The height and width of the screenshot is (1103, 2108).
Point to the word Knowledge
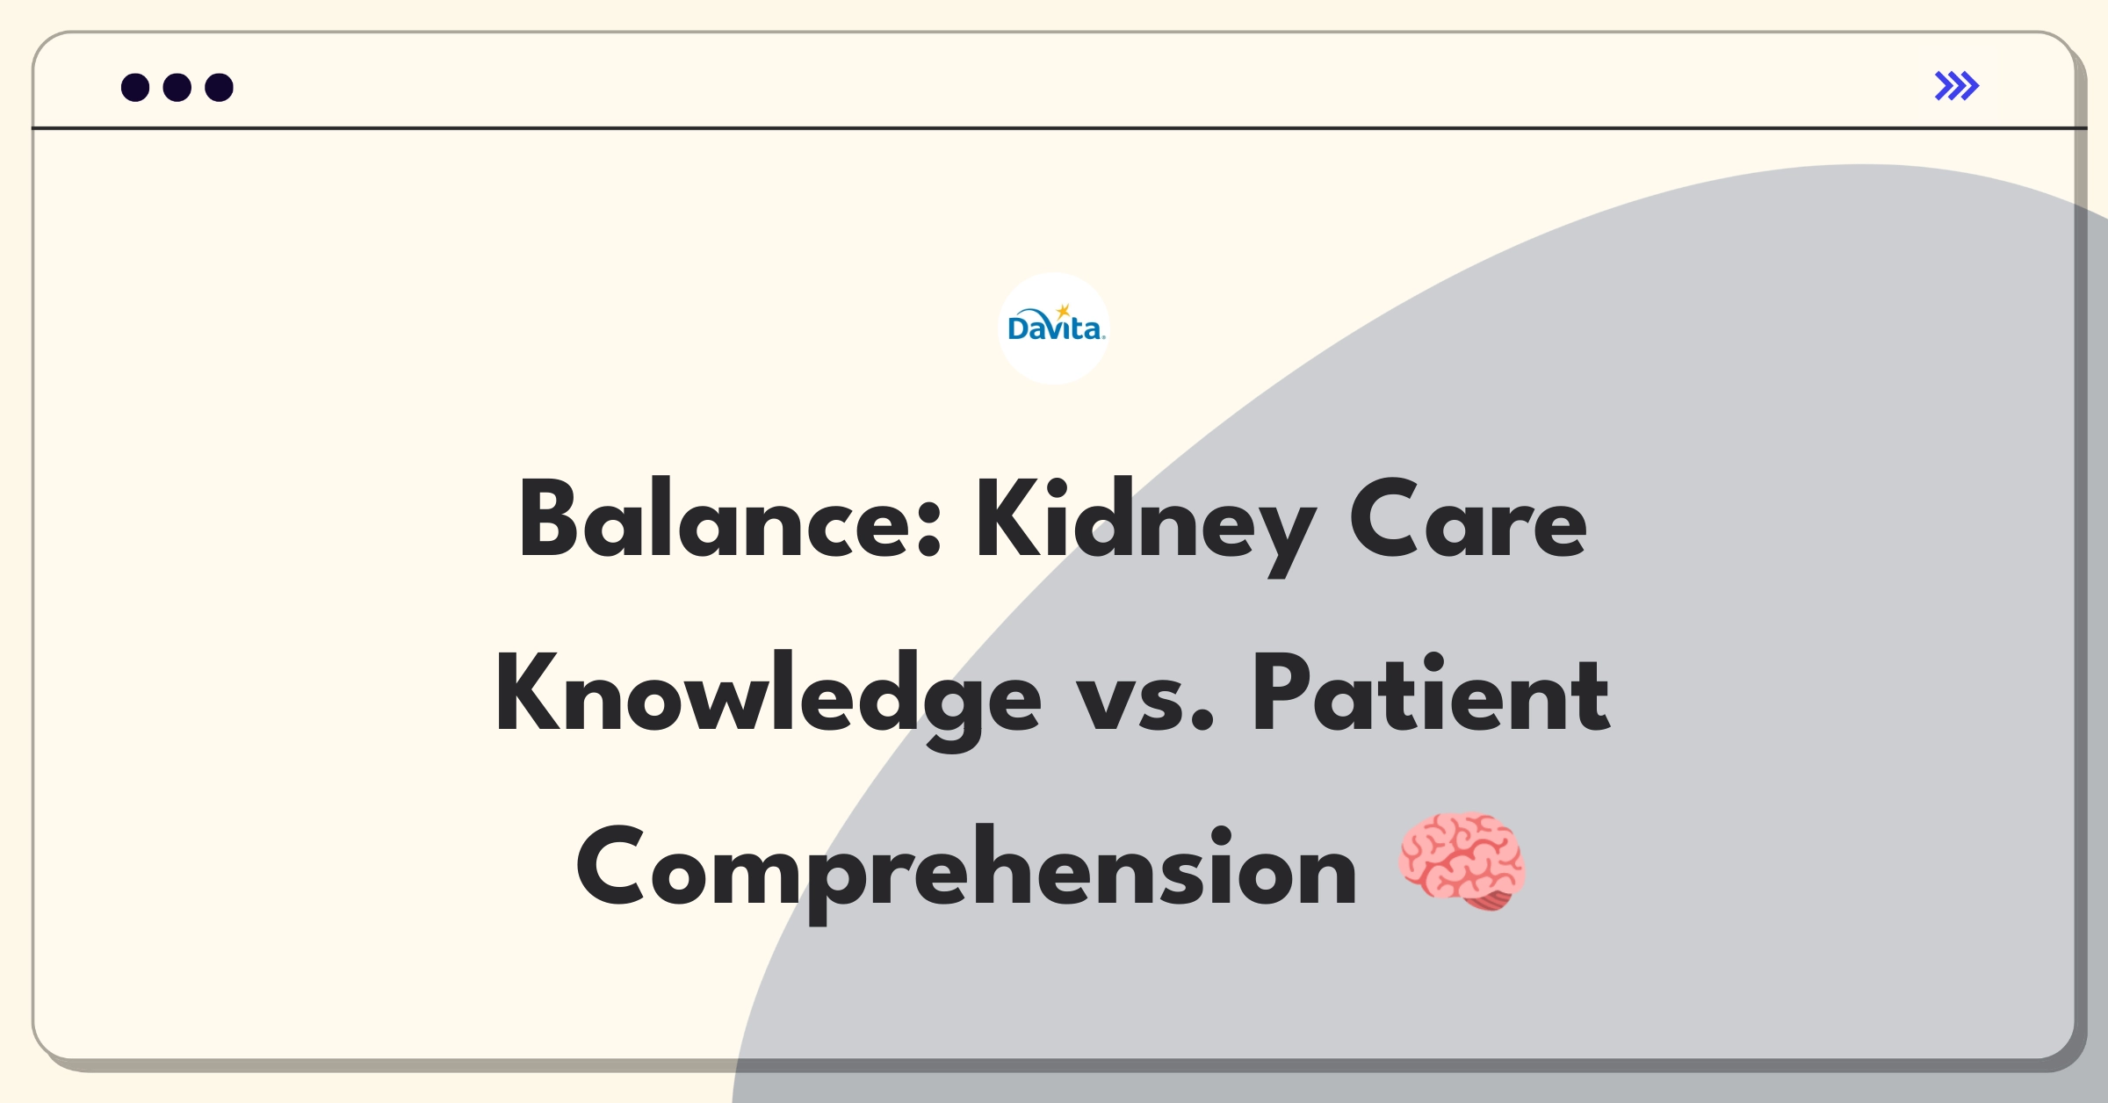pyautogui.click(x=769, y=700)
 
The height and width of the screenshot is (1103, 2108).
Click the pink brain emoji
pyautogui.click(x=1462, y=861)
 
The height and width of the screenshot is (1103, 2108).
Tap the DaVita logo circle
pyautogui.click(x=1054, y=328)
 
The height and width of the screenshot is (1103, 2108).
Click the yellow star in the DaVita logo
pyautogui.click(x=1064, y=311)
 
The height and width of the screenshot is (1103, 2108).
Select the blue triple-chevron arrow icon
pyautogui.click(x=1957, y=86)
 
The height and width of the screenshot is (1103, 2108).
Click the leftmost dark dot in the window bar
pyautogui.click(x=135, y=87)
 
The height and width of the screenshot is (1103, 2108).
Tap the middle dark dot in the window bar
pyautogui.click(x=177, y=87)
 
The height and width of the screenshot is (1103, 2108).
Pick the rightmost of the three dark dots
pyautogui.click(x=220, y=87)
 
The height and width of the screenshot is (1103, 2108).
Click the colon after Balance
pyautogui.click(x=929, y=530)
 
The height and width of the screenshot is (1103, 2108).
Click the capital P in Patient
pyautogui.click(x=1283, y=693)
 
